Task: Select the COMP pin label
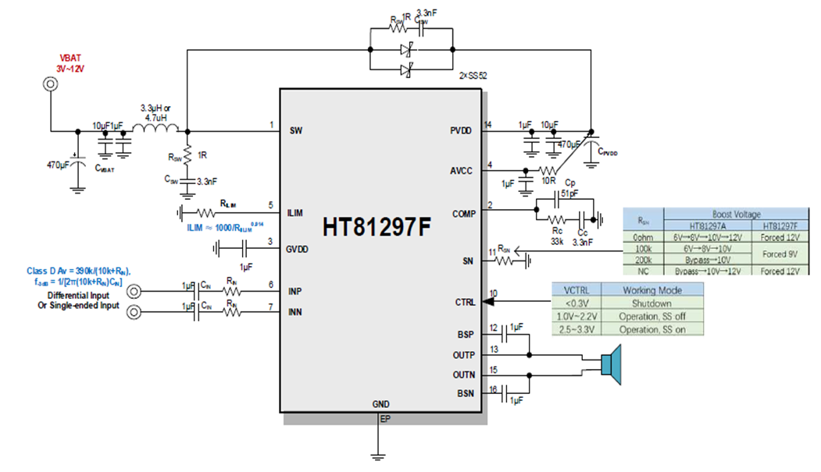point(462,214)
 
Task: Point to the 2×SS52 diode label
point(473,76)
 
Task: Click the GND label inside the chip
point(382,404)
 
